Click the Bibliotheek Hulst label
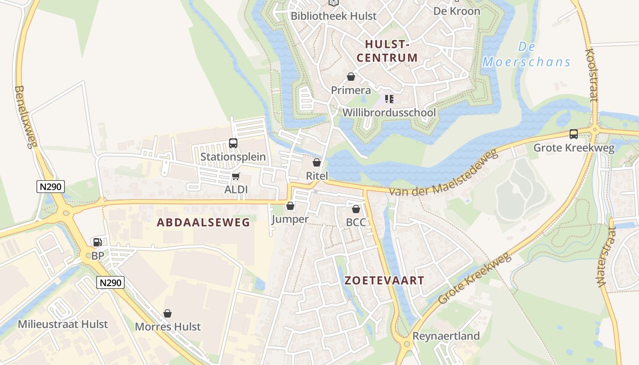click(x=334, y=16)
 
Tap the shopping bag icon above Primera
click(x=351, y=77)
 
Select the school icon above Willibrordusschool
click(x=389, y=99)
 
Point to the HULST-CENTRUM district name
click(x=387, y=51)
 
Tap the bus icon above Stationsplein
click(x=233, y=143)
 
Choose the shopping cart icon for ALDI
click(x=236, y=176)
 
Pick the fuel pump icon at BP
click(x=97, y=242)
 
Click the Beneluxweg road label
click(x=26, y=117)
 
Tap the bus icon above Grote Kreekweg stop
click(x=574, y=134)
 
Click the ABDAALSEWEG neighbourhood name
click(x=203, y=223)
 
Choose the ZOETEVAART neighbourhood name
click(x=384, y=281)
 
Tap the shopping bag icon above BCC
click(x=356, y=209)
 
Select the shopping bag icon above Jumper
click(x=290, y=206)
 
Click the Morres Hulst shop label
click(x=168, y=327)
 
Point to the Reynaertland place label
click(x=446, y=336)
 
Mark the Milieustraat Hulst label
click(x=63, y=324)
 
